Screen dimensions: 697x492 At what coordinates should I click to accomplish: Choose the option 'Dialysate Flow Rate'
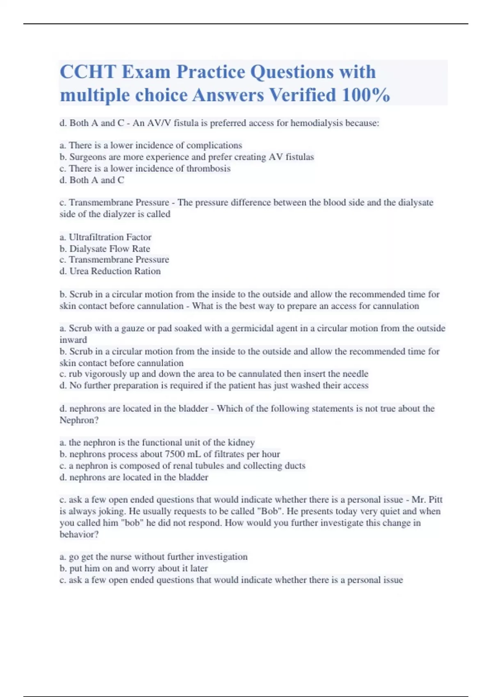tap(109, 248)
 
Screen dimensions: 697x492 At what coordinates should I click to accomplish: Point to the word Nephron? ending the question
tap(79, 420)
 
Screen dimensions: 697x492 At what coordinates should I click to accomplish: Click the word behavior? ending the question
tap(79, 534)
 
